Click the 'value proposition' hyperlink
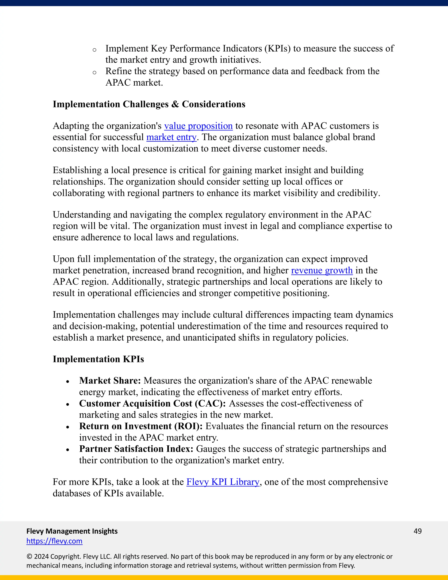(x=198, y=126)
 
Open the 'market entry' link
(x=171, y=137)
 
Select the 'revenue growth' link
(x=322, y=270)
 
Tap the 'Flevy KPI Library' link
(x=223, y=482)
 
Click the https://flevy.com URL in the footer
(x=54, y=541)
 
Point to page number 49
(x=417, y=531)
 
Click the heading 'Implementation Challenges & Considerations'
(x=149, y=104)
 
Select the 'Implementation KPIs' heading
(x=98, y=359)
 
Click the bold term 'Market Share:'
(x=110, y=381)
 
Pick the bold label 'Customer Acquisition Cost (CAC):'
(x=152, y=403)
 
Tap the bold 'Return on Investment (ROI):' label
(x=141, y=426)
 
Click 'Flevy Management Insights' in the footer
(x=72, y=531)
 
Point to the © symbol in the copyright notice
(x=29, y=557)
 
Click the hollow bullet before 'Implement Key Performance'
(x=94, y=50)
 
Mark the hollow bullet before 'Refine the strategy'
(x=94, y=72)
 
